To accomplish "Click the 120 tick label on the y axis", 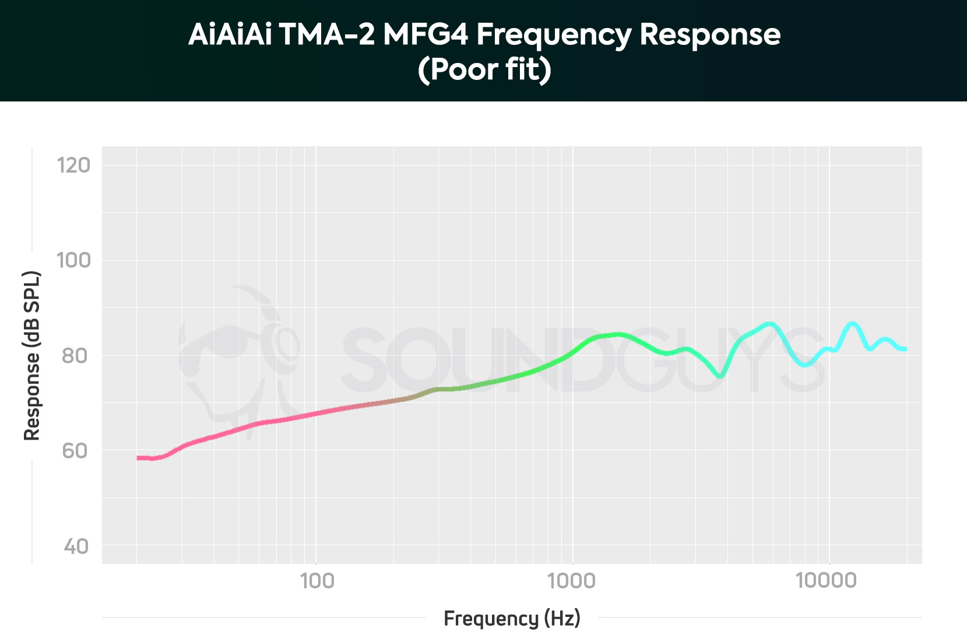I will click(x=73, y=166).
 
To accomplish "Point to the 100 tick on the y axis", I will click(x=73, y=260).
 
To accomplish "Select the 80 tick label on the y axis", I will click(x=75, y=356).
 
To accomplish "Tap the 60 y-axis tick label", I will click(x=75, y=451).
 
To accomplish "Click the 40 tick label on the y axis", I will click(x=76, y=546).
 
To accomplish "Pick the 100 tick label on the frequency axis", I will click(x=317, y=581).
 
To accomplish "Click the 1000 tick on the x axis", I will click(x=572, y=581).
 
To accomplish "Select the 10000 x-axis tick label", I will click(x=827, y=581).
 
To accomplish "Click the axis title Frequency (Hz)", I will click(x=512, y=618).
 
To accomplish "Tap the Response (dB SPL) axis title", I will click(x=32, y=356).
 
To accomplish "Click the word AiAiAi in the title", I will click(x=230, y=34).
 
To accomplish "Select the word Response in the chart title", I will click(x=710, y=34).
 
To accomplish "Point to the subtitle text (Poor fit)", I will click(x=484, y=69).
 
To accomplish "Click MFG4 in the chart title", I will click(x=426, y=34).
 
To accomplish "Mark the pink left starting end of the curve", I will click(x=139, y=458).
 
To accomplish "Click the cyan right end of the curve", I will click(x=905, y=349).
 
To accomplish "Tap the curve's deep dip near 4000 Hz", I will click(x=721, y=376).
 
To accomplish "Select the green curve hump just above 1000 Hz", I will click(x=618, y=335).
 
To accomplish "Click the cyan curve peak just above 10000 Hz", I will click(x=852, y=324).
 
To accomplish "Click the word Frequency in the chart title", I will click(x=554, y=34).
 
